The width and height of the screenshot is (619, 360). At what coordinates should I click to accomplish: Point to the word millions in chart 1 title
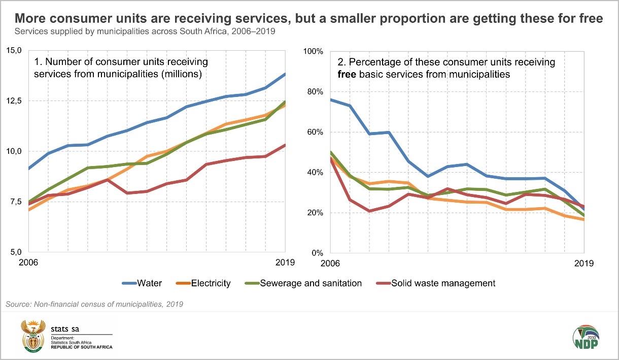pos(182,74)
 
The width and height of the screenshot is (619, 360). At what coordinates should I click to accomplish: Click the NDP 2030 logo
pos(586,337)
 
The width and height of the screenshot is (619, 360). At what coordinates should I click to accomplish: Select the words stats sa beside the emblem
pos(63,329)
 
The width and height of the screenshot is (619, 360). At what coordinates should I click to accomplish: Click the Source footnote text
pos(94,304)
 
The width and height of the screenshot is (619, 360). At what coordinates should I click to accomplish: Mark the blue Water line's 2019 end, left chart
pos(285,74)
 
